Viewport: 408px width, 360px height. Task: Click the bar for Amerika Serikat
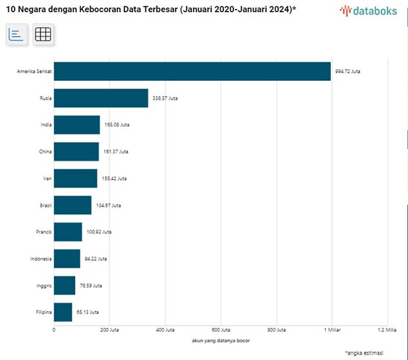[x=192, y=71]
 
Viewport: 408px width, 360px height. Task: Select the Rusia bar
[x=101, y=98]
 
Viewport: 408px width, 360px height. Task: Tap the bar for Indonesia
[x=67, y=258]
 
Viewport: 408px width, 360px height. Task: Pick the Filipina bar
[x=63, y=312]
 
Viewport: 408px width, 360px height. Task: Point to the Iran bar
[x=75, y=178]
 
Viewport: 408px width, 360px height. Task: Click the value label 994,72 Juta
[x=348, y=71]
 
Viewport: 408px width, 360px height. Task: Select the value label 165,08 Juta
[x=116, y=125]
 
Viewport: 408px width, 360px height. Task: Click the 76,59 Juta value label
[x=89, y=285]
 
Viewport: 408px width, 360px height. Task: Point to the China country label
[x=45, y=152]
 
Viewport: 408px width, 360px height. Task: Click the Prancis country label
[x=43, y=232]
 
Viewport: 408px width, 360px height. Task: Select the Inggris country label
[x=43, y=285]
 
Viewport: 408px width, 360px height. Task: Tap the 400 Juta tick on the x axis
[x=165, y=330]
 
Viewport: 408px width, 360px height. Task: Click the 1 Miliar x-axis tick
[x=331, y=330]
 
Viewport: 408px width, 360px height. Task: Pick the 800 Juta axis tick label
[x=277, y=330]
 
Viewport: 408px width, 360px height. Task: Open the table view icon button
[x=43, y=35]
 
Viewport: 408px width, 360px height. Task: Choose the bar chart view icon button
[x=17, y=35]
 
